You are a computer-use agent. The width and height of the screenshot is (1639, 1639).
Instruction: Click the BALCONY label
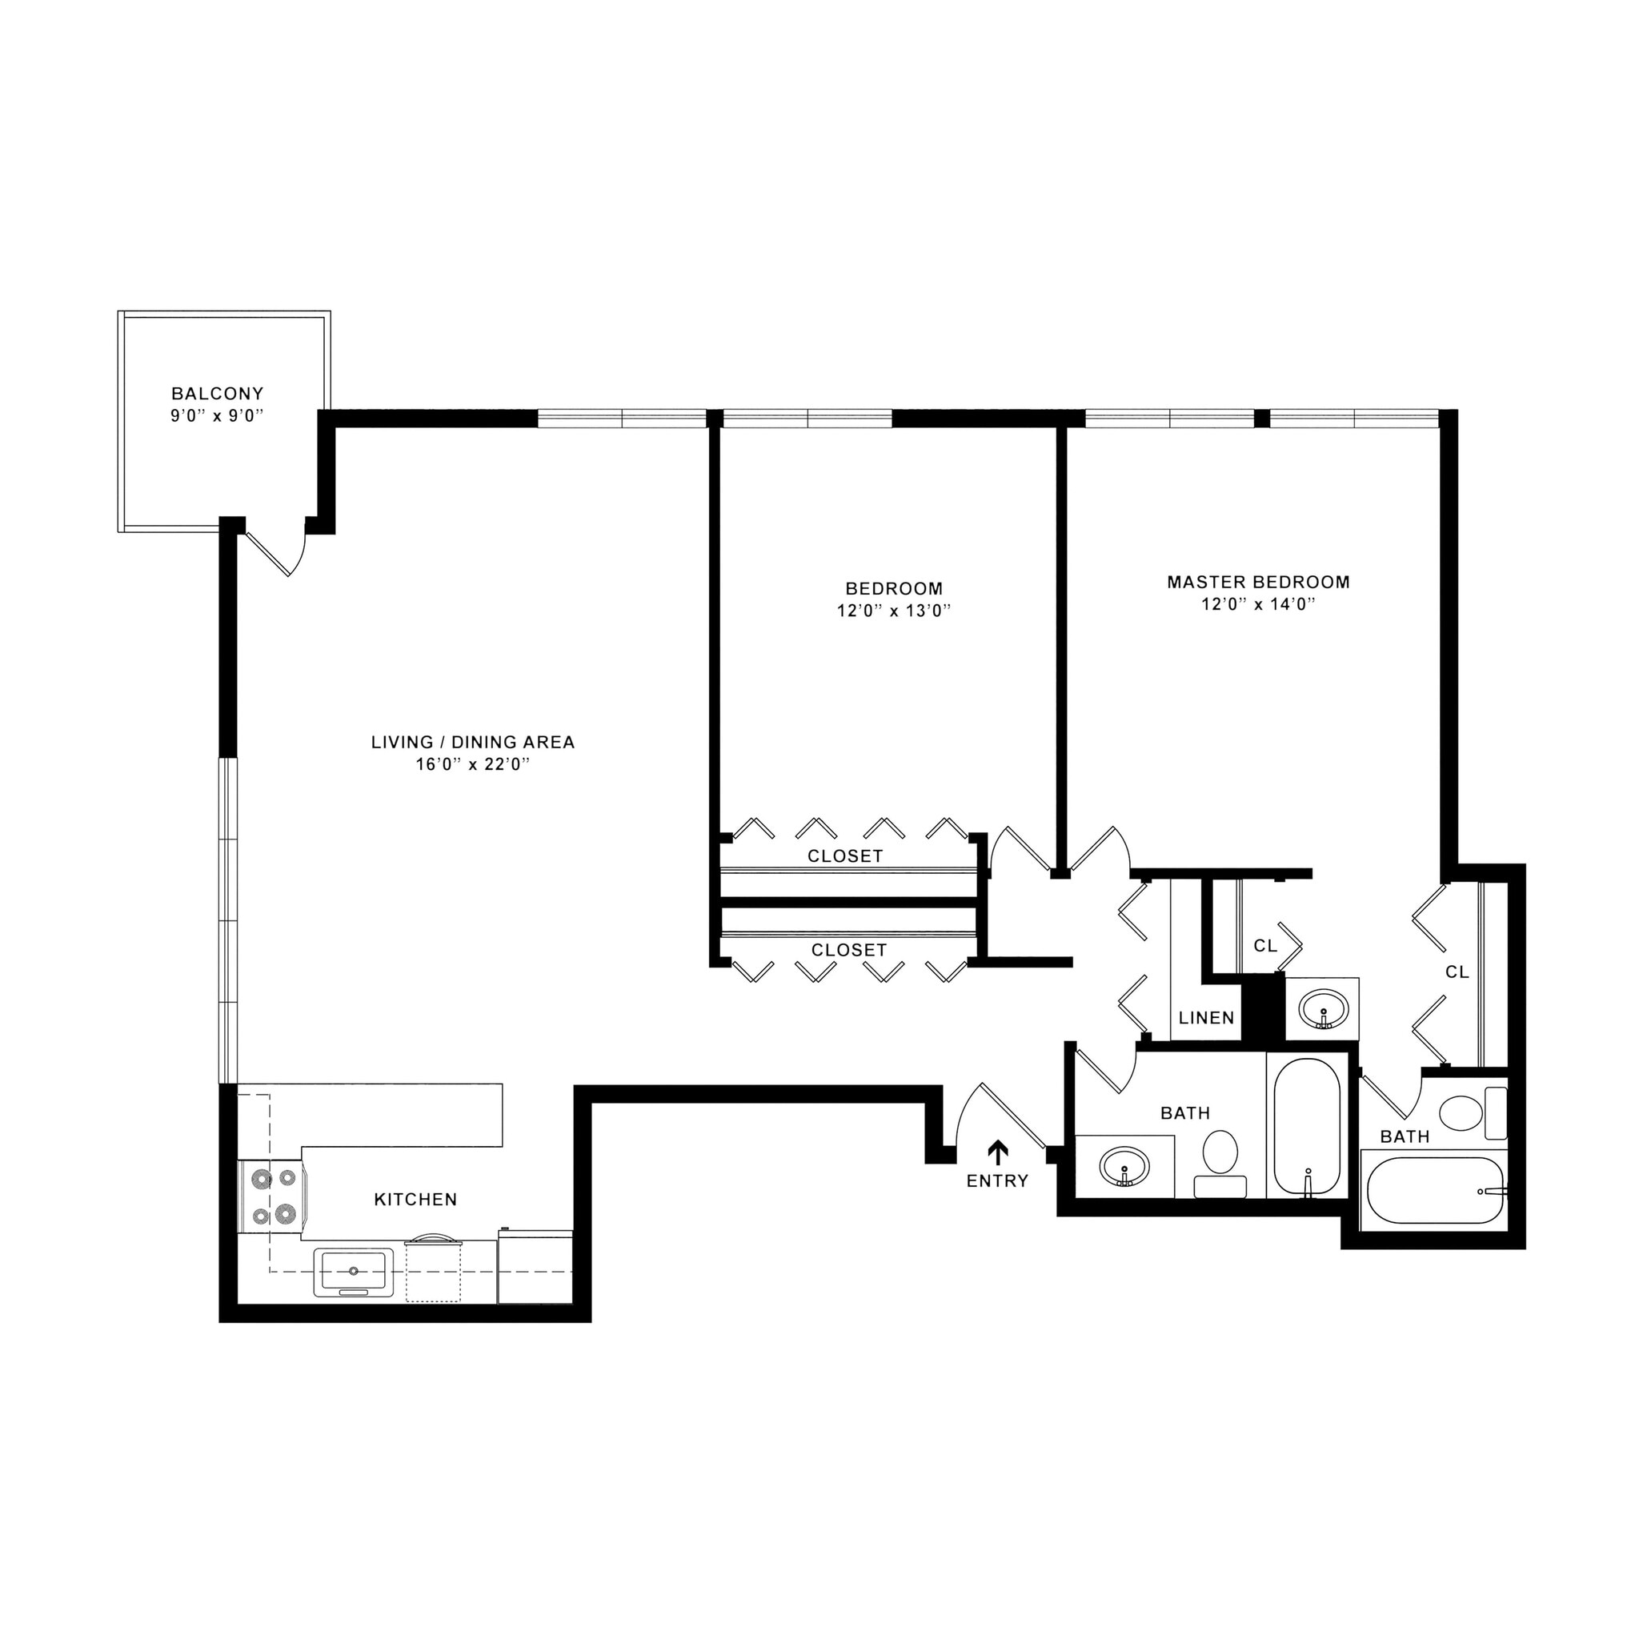tap(217, 394)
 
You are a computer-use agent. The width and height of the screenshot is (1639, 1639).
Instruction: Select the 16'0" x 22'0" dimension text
tap(472, 763)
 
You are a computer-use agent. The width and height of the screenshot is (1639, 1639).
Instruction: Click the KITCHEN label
tap(415, 1200)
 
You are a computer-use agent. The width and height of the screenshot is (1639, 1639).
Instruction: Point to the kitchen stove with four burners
tap(273, 1196)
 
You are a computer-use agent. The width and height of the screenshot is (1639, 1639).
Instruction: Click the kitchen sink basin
tap(354, 1271)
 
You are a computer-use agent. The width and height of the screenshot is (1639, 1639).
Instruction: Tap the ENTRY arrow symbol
tap(998, 1151)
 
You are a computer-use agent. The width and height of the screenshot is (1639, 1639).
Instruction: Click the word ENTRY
tap(998, 1181)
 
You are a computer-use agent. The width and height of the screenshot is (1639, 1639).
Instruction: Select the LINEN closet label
tap(1206, 1018)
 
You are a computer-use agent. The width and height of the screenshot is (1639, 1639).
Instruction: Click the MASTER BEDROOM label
tap(1258, 582)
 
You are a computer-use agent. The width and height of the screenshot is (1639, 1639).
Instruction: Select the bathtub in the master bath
tap(1433, 1191)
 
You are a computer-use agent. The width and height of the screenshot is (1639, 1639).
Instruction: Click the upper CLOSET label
tap(845, 856)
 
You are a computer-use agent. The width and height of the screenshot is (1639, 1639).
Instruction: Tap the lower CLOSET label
tap(848, 950)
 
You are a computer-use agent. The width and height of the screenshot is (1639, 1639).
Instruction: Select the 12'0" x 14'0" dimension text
tap(1258, 604)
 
